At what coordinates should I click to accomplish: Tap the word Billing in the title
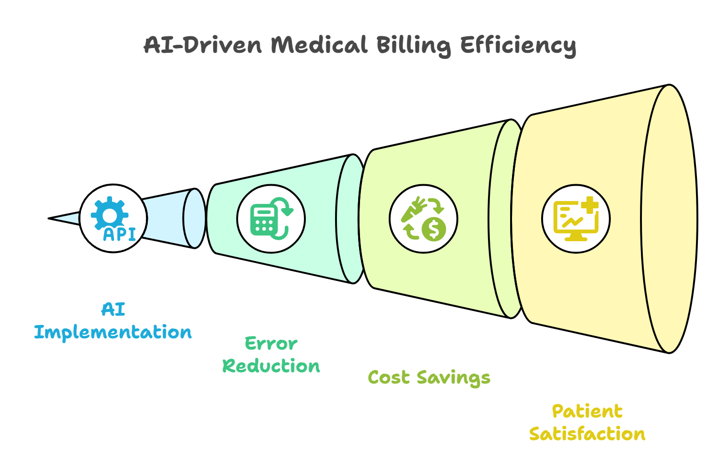(x=413, y=46)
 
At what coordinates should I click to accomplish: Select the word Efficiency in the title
(x=518, y=46)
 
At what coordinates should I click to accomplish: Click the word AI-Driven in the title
(x=202, y=45)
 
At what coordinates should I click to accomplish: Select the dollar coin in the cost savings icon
(x=433, y=229)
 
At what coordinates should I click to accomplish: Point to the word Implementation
(x=113, y=333)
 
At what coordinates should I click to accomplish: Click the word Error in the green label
(x=271, y=343)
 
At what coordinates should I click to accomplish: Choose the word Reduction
(x=271, y=366)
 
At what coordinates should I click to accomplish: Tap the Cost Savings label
(x=429, y=378)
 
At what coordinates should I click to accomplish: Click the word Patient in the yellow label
(x=587, y=411)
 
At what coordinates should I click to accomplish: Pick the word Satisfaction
(x=587, y=434)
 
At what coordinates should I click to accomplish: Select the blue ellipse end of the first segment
(x=194, y=218)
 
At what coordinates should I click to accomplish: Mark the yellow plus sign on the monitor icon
(x=589, y=205)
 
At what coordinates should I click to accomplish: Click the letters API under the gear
(x=120, y=234)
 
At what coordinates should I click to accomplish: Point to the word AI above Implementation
(x=113, y=310)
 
